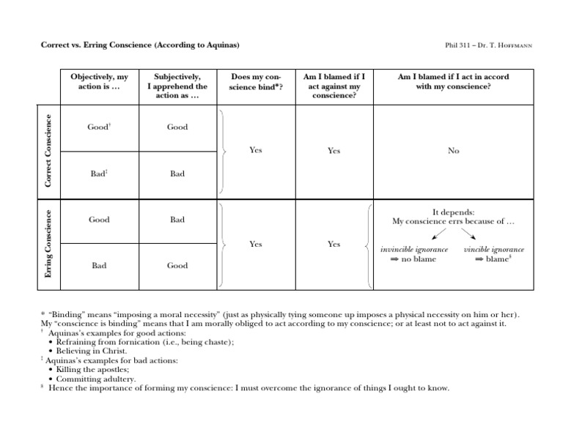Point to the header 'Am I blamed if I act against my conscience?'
(334, 86)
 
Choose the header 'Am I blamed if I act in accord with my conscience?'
(453, 81)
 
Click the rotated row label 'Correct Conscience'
(48, 150)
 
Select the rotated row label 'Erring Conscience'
(48, 242)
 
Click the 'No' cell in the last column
(453, 150)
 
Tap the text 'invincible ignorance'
(413, 250)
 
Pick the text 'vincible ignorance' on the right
(494, 250)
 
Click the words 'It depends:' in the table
(453, 211)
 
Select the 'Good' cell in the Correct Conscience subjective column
(177, 127)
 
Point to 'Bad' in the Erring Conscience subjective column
(177, 219)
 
